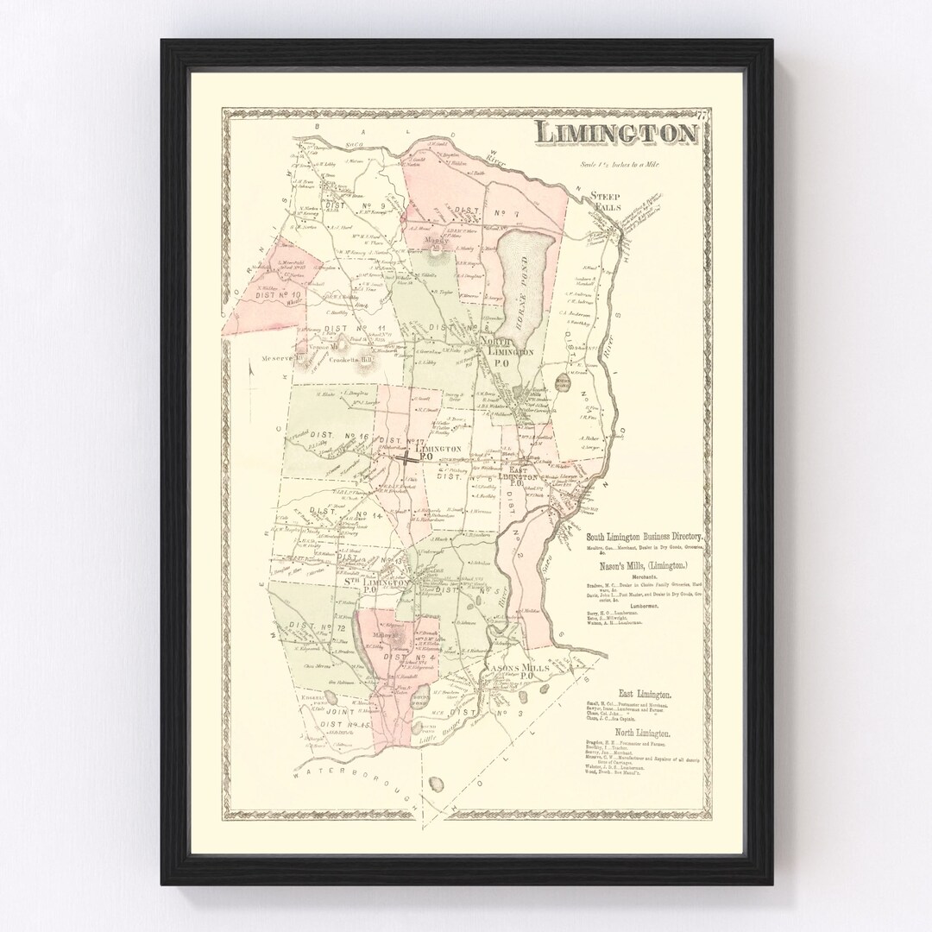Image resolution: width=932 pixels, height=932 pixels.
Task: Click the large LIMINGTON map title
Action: tap(615, 133)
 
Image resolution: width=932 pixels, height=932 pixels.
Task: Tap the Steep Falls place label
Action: tap(605, 202)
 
